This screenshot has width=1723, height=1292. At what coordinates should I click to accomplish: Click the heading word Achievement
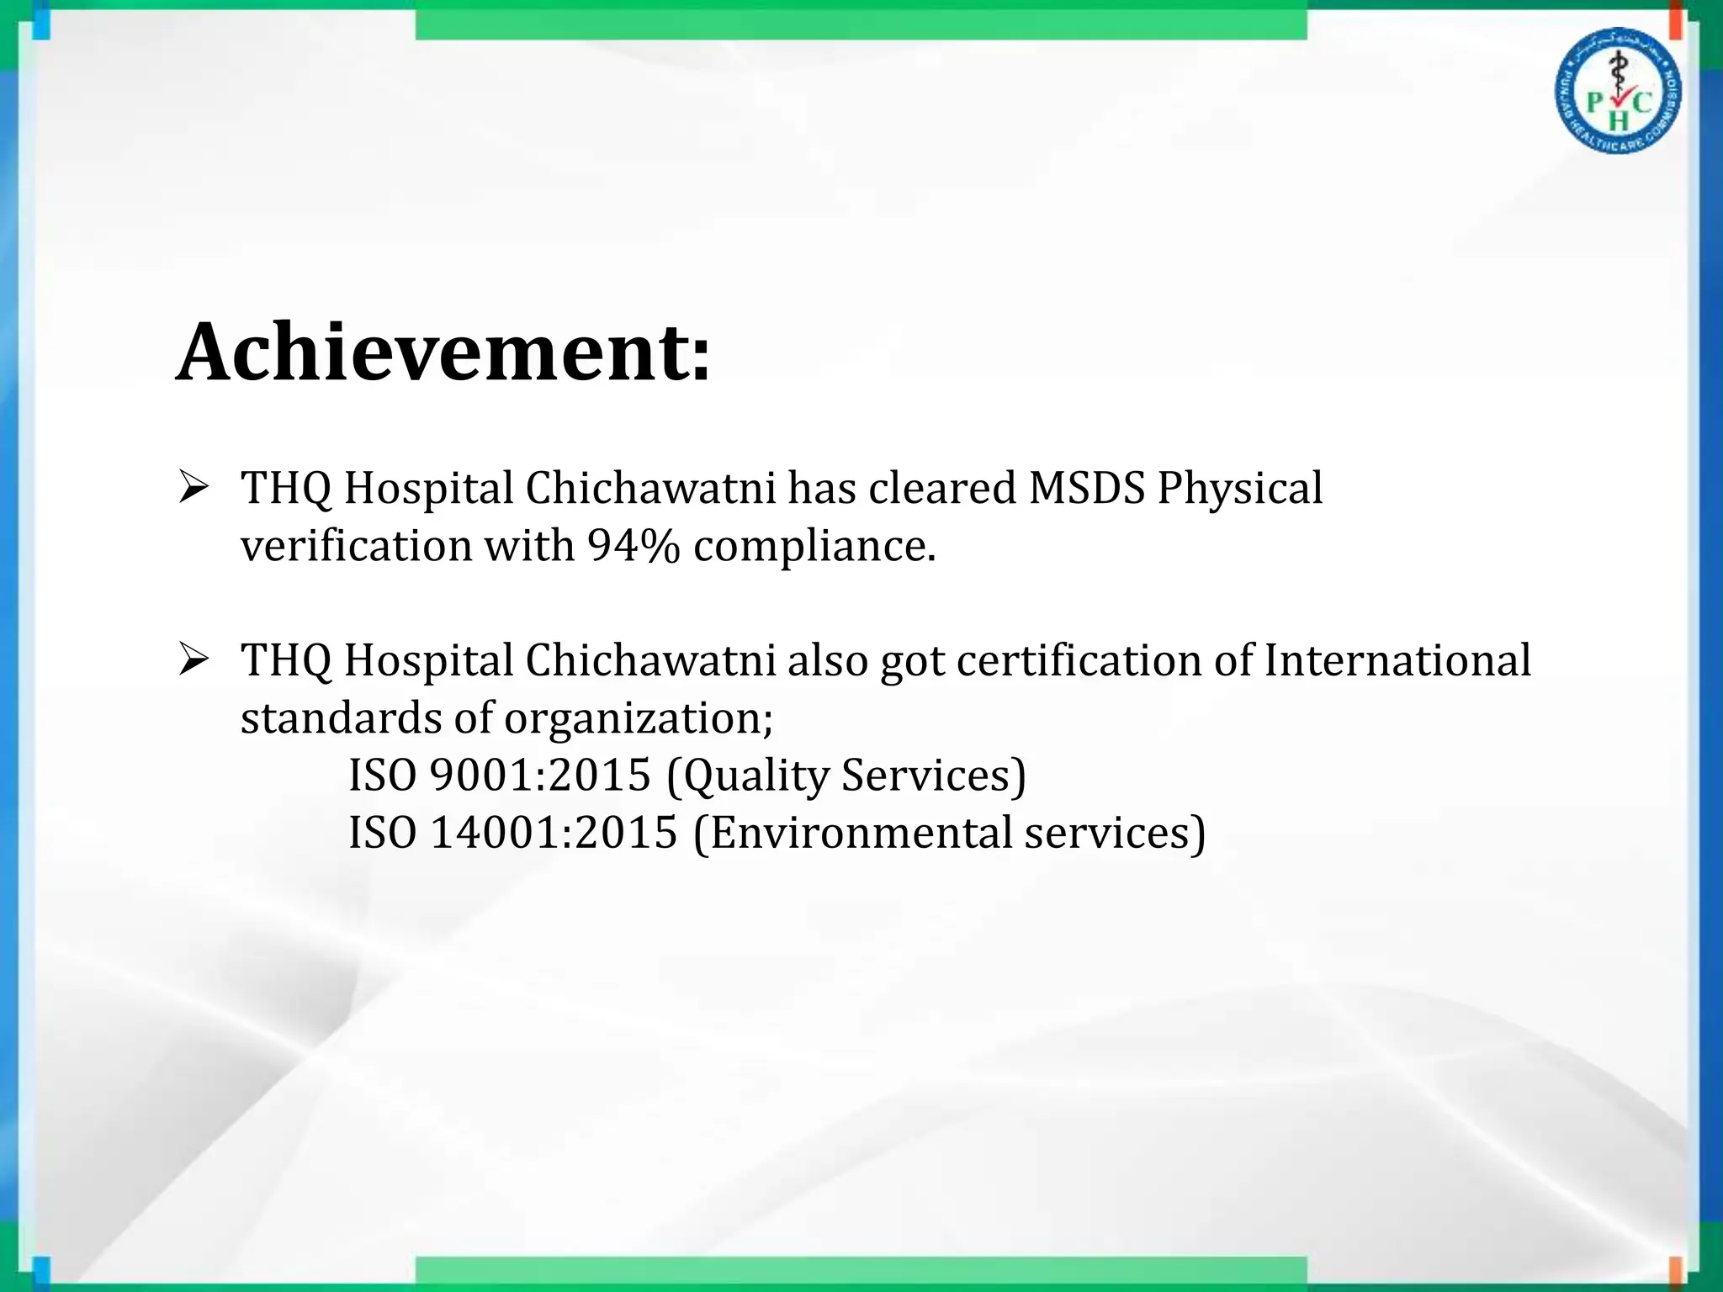[x=443, y=352]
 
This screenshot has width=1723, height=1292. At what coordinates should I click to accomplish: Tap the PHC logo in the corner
[x=1617, y=91]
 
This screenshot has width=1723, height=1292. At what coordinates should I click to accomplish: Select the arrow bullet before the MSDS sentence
[x=193, y=488]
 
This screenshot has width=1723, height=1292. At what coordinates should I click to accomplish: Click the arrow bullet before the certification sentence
[x=193, y=660]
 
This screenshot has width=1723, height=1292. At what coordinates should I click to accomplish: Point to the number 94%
[x=634, y=546]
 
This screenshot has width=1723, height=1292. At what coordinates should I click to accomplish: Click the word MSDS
[x=1087, y=488]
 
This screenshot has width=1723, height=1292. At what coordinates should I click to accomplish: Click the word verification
[x=357, y=546]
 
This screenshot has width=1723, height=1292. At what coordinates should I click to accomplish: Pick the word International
[x=1397, y=660]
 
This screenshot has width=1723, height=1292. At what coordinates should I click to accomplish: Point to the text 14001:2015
[x=554, y=833]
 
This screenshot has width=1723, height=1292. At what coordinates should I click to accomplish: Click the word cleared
[x=942, y=488]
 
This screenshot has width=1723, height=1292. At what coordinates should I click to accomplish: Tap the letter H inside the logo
[x=1618, y=121]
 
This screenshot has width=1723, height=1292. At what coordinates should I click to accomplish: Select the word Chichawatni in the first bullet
[x=650, y=488]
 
